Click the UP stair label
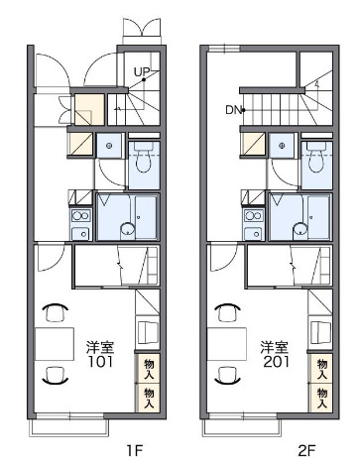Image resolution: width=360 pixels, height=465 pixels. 140,70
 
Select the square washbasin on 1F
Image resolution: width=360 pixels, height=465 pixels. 109,147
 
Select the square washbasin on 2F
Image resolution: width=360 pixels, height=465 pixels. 282,147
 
